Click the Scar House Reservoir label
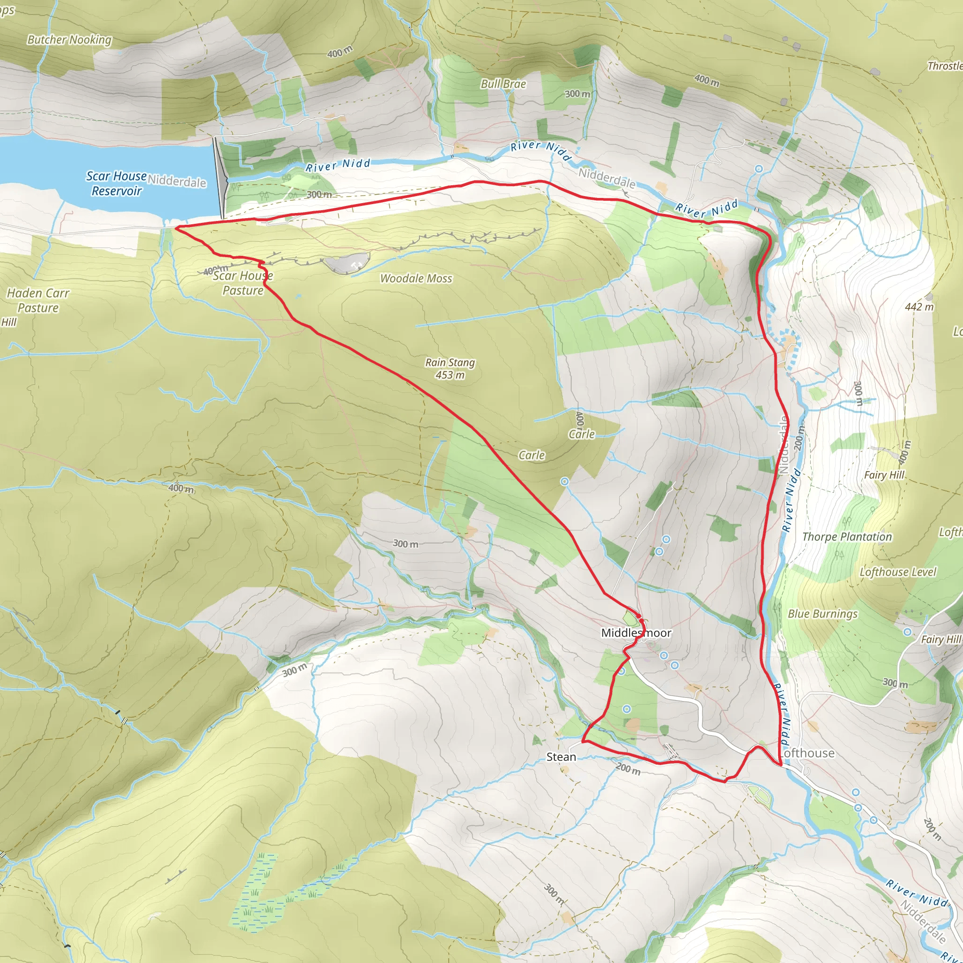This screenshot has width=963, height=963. tap(116, 183)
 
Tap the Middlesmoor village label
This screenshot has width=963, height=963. tap(636, 632)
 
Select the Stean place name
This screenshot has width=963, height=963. tap(561, 757)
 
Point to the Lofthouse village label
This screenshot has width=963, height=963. tap(807, 753)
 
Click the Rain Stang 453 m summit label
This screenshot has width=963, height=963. tap(450, 368)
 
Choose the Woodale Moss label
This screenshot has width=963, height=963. tap(416, 279)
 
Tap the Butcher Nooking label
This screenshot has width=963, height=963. tap(69, 40)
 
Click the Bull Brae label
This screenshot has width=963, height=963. tap(503, 84)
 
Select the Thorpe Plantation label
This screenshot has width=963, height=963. tap(847, 537)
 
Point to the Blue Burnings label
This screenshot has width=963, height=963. tap(822, 614)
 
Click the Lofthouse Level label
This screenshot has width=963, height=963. tap(898, 572)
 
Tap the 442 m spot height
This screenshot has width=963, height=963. tap(919, 307)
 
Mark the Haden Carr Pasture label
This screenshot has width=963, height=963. tap(38, 300)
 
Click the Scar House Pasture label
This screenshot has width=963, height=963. tap(243, 283)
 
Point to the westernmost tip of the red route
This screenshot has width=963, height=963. tap(176, 227)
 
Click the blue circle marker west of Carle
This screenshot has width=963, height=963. tap(564, 481)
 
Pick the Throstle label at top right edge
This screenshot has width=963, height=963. tap(945, 66)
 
